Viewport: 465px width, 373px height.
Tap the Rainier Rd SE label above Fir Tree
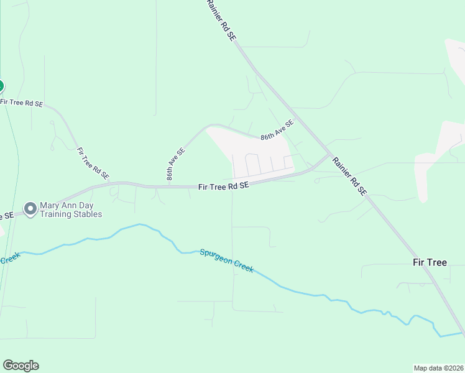[x=349, y=177]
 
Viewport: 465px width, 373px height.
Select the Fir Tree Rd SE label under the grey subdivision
[x=224, y=186]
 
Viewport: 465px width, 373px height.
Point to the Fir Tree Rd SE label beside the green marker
[x=22, y=103]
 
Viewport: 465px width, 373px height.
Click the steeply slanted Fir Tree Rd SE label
[x=93, y=164]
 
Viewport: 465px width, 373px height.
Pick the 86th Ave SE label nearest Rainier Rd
[x=277, y=130]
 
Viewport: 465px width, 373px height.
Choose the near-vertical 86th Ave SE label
[x=176, y=164]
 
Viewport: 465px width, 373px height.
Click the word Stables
[x=88, y=214]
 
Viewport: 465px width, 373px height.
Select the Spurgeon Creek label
[x=226, y=260]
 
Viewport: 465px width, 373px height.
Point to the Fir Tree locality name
[x=430, y=262]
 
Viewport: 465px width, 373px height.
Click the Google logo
[x=21, y=366]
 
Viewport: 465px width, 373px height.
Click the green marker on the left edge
[x=1, y=86]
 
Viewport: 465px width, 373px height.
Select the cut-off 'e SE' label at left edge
[x=7, y=216]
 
